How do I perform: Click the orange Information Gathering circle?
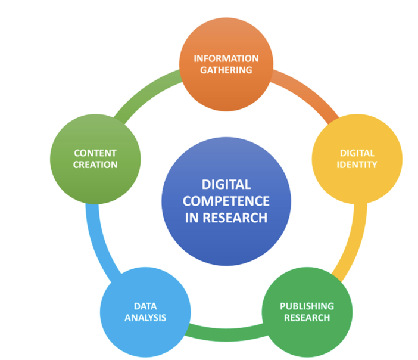tap(226, 64)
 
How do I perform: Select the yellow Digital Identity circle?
tap(357, 159)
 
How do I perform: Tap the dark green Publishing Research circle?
tap(307, 312)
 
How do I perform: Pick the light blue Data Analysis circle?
tap(145, 312)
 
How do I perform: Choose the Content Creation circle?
tap(95, 159)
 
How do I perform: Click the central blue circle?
tap(226, 201)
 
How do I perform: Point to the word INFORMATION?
tap(226, 58)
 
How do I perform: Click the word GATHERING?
tap(226, 70)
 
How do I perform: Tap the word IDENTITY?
tap(357, 165)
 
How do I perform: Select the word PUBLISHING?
tap(307, 306)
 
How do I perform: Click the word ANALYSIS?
tap(145, 318)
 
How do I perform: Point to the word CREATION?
tap(95, 165)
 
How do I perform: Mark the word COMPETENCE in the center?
tap(226, 201)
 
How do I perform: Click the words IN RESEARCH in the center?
tap(226, 218)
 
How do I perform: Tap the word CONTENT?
tap(95, 153)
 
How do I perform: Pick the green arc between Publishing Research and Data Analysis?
tap(226, 335)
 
